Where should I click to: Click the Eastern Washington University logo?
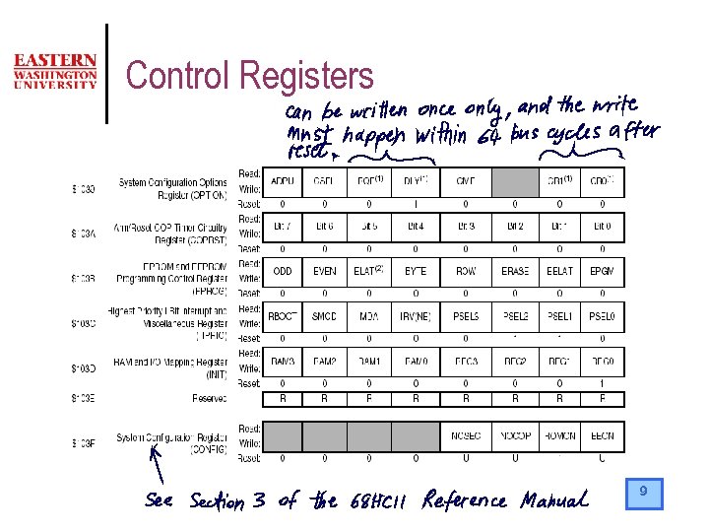(x=55, y=72)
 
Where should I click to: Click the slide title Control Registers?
(x=250, y=76)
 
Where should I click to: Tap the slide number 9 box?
(x=644, y=493)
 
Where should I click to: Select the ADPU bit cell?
(x=283, y=181)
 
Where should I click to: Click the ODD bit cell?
(x=283, y=271)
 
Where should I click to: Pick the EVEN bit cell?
(x=324, y=271)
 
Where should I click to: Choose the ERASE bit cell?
(x=514, y=271)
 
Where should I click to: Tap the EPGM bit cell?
(x=601, y=271)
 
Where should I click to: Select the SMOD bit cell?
(x=324, y=316)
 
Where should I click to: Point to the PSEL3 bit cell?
(x=466, y=316)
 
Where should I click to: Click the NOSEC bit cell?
(x=466, y=435)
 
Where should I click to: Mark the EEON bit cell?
(x=601, y=435)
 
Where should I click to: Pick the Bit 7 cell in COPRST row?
(x=283, y=227)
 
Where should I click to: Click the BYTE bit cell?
(x=416, y=271)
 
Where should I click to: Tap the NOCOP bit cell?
(x=514, y=435)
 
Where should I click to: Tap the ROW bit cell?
(x=466, y=271)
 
